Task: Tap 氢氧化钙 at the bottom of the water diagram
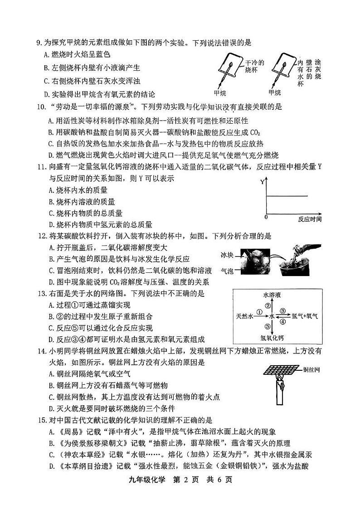pos(272,337)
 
